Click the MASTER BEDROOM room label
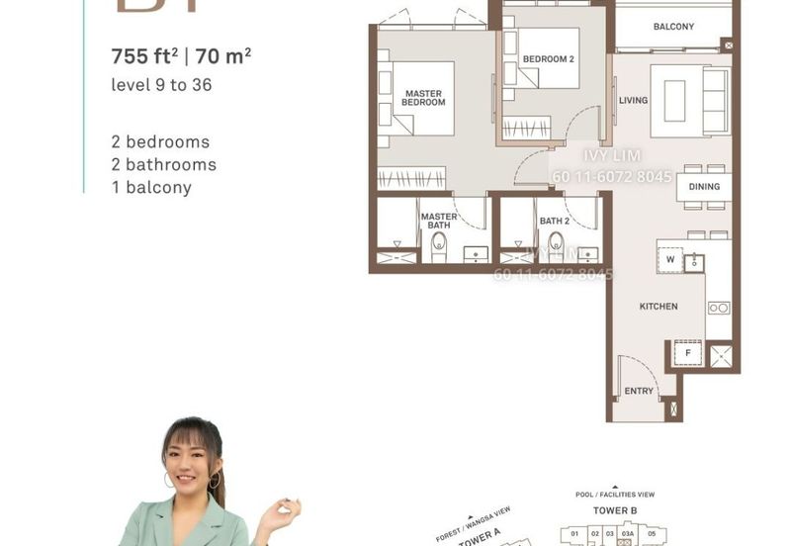tap(424, 98)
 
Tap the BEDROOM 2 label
tap(549, 59)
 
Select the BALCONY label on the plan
tap(673, 27)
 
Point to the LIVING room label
tap(633, 101)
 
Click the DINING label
tap(704, 187)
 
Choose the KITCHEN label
tap(659, 307)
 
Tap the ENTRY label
tap(639, 392)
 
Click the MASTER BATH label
tap(438, 221)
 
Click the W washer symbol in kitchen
tap(669, 260)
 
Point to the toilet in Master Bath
tap(439, 247)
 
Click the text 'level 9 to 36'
tap(162, 85)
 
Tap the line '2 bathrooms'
tap(164, 164)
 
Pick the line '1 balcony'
tap(152, 187)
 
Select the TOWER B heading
tap(614, 511)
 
